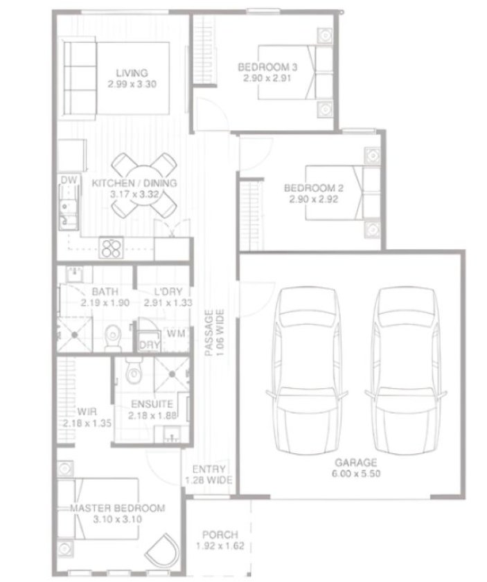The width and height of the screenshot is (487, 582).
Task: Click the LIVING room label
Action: tap(132, 73)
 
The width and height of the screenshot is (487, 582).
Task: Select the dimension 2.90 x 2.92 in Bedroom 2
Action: tap(314, 199)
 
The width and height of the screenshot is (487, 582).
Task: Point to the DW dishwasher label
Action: tap(67, 181)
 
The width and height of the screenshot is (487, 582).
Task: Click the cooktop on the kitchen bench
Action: tap(111, 247)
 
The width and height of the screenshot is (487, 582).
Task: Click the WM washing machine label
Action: tap(176, 334)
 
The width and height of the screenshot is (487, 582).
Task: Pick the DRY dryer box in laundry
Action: tap(148, 344)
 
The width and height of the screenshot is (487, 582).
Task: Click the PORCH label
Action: tap(220, 535)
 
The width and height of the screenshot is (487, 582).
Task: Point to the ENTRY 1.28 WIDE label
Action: tap(209, 475)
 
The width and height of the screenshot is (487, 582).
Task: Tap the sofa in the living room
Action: tap(81, 78)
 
